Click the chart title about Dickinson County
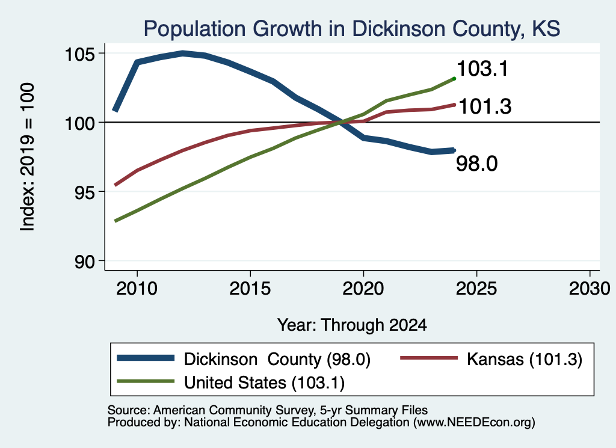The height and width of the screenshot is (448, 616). click(351, 29)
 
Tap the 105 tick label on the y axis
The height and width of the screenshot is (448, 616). click(80, 54)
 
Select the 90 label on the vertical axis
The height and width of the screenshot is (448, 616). click(85, 262)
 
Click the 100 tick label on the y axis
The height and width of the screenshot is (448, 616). click(80, 123)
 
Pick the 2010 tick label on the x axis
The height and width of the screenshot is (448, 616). click(137, 289)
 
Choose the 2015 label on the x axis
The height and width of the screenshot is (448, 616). click(250, 289)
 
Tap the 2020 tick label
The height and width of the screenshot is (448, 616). click(363, 289)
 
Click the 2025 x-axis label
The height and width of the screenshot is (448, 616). click(476, 289)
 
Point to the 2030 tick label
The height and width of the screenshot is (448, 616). click(590, 289)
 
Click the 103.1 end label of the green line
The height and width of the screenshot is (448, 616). click(482, 69)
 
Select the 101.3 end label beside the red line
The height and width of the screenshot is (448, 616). click(485, 106)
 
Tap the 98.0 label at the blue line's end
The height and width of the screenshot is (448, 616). click(476, 164)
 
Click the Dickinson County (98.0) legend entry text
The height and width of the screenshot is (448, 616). click(277, 359)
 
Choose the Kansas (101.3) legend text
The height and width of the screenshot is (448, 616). click(525, 359)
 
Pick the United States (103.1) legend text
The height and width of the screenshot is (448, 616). click(265, 383)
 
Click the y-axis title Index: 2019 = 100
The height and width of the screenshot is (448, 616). click(28, 157)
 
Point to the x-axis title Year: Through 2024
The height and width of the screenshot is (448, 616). click(352, 325)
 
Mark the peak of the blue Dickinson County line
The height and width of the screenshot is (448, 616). click(183, 53)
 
